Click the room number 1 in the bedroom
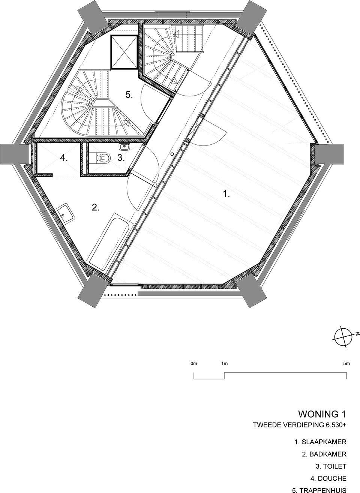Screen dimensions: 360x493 pos(226,194)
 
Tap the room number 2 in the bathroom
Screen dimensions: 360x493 pos(96,207)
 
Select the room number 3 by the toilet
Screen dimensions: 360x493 pos(121,157)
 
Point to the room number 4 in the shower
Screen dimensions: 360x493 pos(64,158)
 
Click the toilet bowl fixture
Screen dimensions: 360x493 pos(102,157)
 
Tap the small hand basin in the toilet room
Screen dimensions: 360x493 pos(124,146)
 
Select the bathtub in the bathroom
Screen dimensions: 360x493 pos(109,242)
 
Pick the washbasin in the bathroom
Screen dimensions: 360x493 pos(65,214)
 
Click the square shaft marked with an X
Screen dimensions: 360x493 pos(123,52)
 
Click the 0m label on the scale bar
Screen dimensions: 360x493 pos(194,364)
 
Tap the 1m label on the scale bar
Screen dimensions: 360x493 pos(224,364)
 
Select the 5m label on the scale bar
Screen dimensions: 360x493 pos(346,364)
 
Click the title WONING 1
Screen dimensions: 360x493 pos(322,414)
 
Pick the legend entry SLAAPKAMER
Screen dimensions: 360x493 pos(320,442)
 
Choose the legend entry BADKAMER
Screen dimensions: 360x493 pos(324,454)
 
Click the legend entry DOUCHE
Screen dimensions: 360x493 pos(328,478)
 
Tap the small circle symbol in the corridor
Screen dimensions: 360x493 pos(172,154)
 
